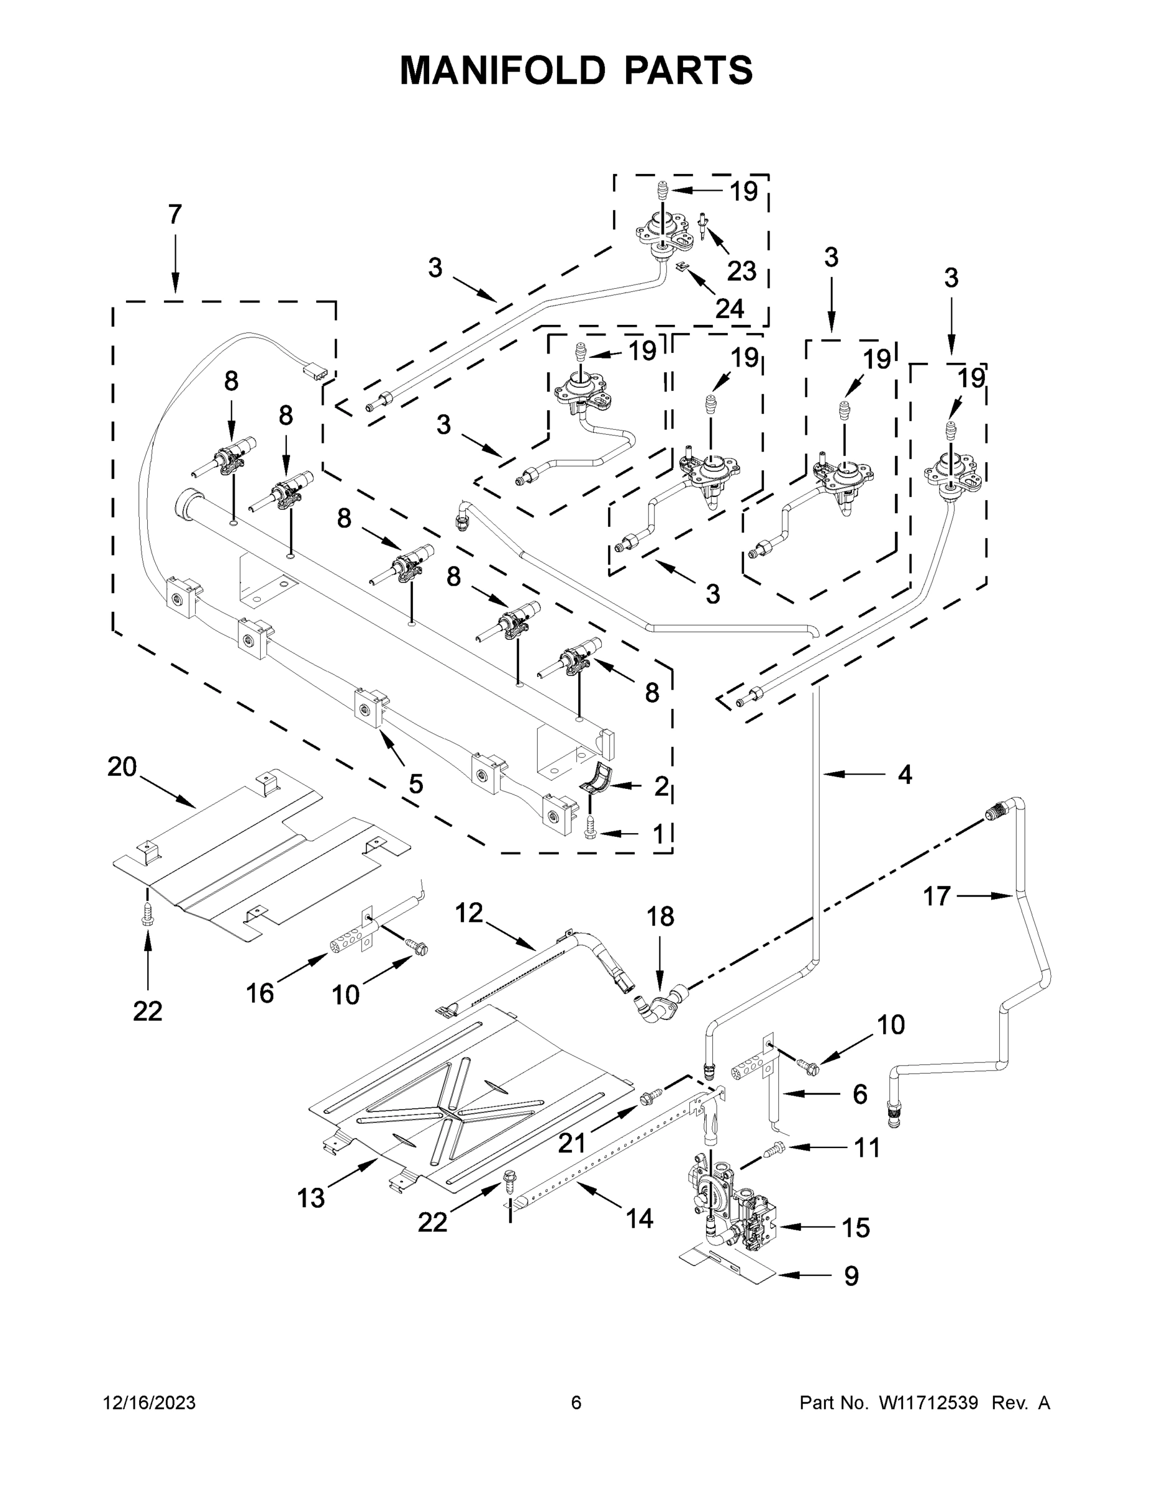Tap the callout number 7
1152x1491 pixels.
pyautogui.click(x=175, y=214)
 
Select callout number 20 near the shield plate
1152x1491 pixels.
pyautogui.click(x=122, y=767)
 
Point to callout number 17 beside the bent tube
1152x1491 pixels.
pyautogui.click(x=937, y=896)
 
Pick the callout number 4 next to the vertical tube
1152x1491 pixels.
pyautogui.click(x=904, y=774)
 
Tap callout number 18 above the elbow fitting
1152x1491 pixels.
pyautogui.click(x=660, y=916)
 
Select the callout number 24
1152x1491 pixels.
pyautogui.click(x=729, y=309)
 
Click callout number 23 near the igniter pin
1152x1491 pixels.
pyautogui.click(x=741, y=271)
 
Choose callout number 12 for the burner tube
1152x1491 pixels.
pyautogui.click(x=469, y=912)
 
